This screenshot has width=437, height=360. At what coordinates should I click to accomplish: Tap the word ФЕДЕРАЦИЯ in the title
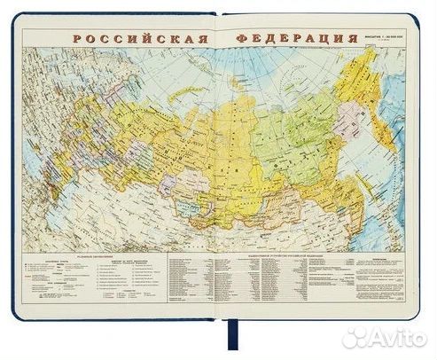click(296, 41)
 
